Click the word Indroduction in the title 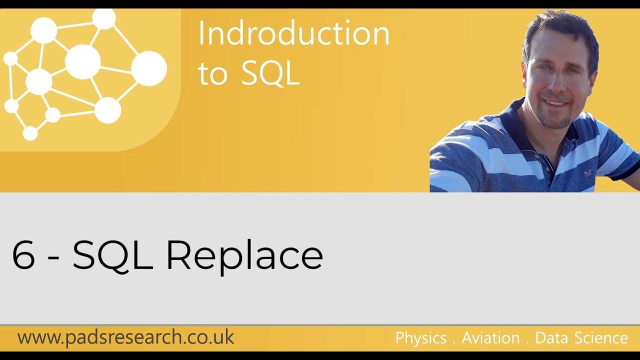point(293,34)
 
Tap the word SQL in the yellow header point(270,74)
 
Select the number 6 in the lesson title point(23,255)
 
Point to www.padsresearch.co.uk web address point(125,337)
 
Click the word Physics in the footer point(420,338)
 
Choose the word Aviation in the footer point(490,338)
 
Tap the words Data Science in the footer point(581,338)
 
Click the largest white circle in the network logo point(148,68)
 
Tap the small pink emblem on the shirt point(587,173)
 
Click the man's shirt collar point(520,120)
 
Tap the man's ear point(527,75)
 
